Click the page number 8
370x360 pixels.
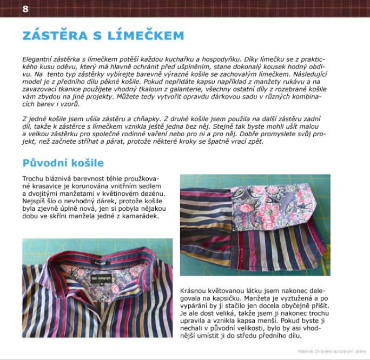tap(25, 9)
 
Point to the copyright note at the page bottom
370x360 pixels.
tap(332, 351)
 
